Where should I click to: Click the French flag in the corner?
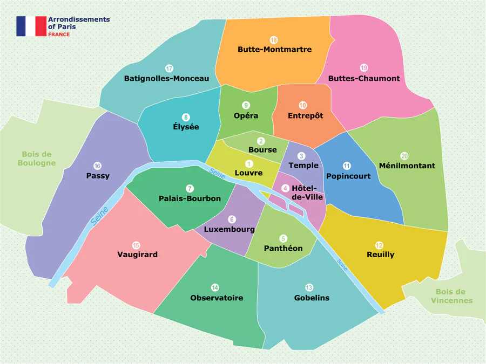coord(31,26)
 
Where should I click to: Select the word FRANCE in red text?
coord(59,34)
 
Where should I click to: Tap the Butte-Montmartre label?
coord(274,49)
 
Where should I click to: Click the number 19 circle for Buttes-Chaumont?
coord(364,68)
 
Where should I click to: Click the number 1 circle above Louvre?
coord(249,163)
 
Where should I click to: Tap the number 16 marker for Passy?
coord(98,166)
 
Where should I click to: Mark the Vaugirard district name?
coord(137,255)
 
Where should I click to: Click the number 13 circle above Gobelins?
coord(309,287)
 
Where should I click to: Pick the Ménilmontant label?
coord(407,166)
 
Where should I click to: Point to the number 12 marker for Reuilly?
coord(380,244)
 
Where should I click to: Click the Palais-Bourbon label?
coord(190,198)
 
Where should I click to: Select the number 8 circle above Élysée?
coord(186,117)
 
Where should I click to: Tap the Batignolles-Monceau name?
coord(166,78)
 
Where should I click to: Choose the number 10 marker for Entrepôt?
coord(302,105)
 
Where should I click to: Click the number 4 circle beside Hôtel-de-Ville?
coord(285,188)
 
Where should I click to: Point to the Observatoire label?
coord(217,298)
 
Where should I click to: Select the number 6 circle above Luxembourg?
coord(232,219)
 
